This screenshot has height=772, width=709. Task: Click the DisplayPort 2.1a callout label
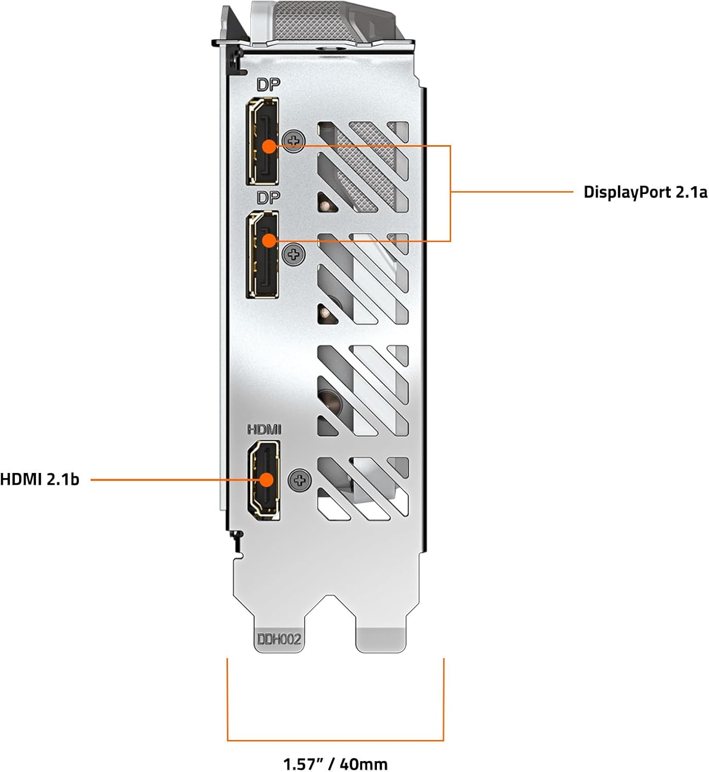pos(646,192)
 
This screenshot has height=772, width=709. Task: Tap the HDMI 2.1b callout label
pos(40,480)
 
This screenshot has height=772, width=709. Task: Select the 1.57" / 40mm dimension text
pos(335,764)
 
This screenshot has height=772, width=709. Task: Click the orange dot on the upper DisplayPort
pos(269,147)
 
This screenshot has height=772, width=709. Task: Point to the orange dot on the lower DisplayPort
pos(269,241)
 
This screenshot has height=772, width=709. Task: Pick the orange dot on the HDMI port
pos(266,480)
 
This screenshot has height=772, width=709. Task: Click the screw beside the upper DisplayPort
pos(294,141)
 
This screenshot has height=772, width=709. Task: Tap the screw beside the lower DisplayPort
pos(294,254)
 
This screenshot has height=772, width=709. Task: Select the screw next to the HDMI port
pos(300,480)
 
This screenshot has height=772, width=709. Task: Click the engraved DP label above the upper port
pos(268,85)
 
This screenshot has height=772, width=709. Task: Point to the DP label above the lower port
pos(268,198)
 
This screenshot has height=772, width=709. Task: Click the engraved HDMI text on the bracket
pos(264,429)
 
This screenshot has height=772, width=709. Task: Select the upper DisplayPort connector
pos(263,141)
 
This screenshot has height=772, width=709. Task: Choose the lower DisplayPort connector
pos(263,254)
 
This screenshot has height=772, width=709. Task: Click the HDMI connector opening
pos(264,480)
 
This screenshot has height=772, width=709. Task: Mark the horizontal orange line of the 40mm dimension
pos(335,740)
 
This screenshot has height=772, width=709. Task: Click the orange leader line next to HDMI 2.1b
pos(175,480)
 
